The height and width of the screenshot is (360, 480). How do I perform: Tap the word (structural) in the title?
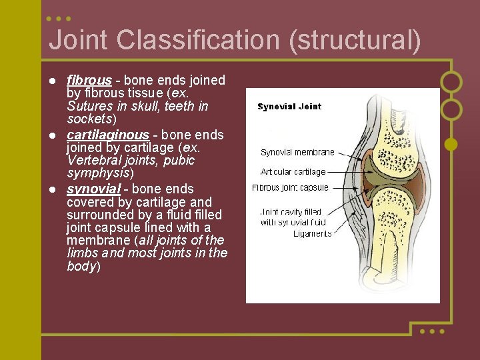pos(355,41)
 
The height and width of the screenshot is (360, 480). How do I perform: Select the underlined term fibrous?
pos(89,81)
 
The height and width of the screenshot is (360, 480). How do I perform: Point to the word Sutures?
pos(90,107)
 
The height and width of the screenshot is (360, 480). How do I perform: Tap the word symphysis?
pos(97,173)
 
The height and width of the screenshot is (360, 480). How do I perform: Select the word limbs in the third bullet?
pos(83,253)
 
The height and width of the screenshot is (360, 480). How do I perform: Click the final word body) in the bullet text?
pos(83,266)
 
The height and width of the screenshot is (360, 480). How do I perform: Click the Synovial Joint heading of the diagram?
pos(289,107)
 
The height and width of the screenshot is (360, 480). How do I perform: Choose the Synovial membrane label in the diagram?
pos(297,153)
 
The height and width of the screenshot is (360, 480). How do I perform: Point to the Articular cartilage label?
pos(293,172)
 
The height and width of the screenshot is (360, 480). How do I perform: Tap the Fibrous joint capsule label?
pos(290,188)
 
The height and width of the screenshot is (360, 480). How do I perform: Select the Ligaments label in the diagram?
pos(312,233)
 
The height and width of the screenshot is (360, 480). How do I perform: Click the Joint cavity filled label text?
pos(291,213)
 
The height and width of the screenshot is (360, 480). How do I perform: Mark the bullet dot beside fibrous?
pos(52,81)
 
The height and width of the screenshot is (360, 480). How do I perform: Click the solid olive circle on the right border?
pos(451,143)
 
